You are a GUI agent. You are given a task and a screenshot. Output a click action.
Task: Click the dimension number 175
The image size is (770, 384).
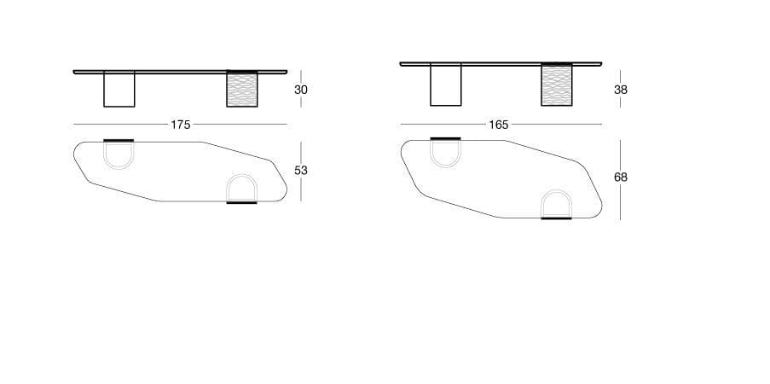click(x=180, y=125)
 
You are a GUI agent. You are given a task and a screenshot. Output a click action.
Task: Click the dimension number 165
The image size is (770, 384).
click(x=499, y=125)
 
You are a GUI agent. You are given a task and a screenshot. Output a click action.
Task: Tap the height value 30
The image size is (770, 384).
click(x=300, y=90)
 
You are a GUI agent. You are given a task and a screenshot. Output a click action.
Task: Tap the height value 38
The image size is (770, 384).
click(x=620, y=90)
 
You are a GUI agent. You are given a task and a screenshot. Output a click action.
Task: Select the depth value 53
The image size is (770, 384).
click(x=300, y=171)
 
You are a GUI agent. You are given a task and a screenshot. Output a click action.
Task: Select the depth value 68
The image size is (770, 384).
click(x=620, y=177)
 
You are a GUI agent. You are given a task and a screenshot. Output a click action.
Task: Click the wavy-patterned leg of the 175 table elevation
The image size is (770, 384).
click(x=241, y=90)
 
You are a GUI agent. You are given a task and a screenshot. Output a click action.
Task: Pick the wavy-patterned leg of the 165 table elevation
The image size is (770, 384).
click(x=556, y=84)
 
